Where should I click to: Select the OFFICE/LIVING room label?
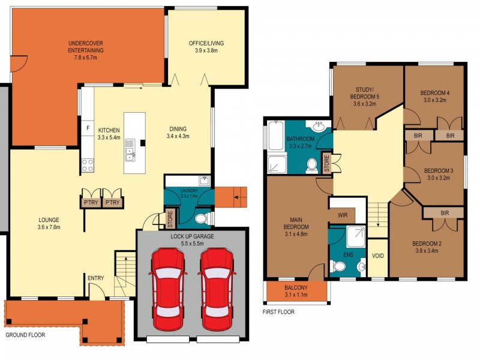tap(206, 47)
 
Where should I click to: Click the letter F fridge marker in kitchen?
tap(88, 128)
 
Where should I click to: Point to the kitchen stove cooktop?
tap(88, 165)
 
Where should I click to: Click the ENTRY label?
tap(95, 278)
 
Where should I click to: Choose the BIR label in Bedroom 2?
tap(444, 212)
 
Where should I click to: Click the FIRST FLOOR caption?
tap(278, 312)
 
